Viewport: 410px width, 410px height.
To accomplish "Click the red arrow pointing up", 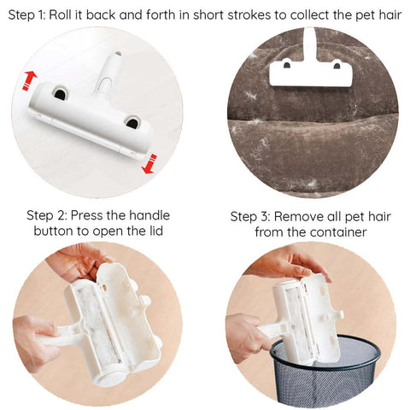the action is (x=29, y=80).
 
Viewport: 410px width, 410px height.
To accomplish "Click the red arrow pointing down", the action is (x=150, y=164).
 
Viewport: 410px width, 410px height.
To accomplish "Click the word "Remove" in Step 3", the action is (x=298, y=217).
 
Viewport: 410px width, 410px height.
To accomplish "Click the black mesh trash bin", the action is (x=325, y=370).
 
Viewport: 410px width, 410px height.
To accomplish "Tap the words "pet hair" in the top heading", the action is (x=378, y=15).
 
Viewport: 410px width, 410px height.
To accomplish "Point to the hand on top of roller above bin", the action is (x=288, y=263).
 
